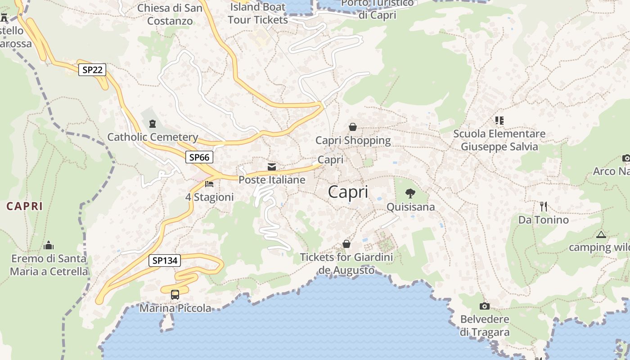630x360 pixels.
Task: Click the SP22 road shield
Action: click(x=92, y=70)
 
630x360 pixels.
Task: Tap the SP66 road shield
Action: click(x=199, y=157)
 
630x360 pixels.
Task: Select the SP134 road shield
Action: click(x=164, y=260)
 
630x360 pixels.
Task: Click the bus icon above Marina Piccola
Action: click(x=175, y=295)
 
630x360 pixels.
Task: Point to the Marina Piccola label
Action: click(x=175, y=308)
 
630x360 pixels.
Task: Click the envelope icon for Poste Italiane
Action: click(x=272, y=167)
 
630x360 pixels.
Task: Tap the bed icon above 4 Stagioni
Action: click(x=209, y=184)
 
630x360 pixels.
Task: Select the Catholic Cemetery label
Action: click(x=153, y=137)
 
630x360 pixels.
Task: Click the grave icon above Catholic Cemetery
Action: click(x=153, y=123)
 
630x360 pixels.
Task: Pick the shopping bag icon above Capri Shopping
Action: click(x=353, y=127)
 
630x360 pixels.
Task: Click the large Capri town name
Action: click(x=348, y=192)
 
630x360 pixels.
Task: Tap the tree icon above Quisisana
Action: click(x=410, y=193)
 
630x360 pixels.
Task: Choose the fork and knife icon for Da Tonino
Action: click(x=544, y=207)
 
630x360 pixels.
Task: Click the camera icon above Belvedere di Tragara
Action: click(x=485, y=306)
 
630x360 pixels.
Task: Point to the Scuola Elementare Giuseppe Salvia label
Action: click(x=499, y=140)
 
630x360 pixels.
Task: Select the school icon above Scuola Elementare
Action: click(x=499, y=120)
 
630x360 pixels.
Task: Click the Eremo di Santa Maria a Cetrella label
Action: click(x=49, y=265)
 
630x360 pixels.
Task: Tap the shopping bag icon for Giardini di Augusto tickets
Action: click(x=346, y=244)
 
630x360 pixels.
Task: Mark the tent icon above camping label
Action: click(x=601, y=234)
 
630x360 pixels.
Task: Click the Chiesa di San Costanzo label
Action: click(x=170, y=14)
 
